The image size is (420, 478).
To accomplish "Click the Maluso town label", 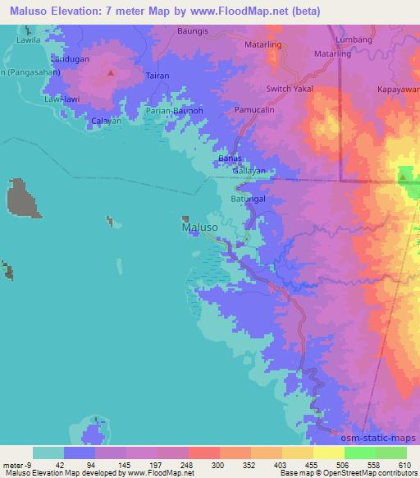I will point(199,228).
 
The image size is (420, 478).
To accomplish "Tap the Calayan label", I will point(106,122).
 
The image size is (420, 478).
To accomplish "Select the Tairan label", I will point(157,76).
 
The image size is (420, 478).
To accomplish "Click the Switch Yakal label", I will point(290,89).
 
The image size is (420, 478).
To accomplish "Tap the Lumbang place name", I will point(354,39).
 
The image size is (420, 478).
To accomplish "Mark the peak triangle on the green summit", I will point(404,175).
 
